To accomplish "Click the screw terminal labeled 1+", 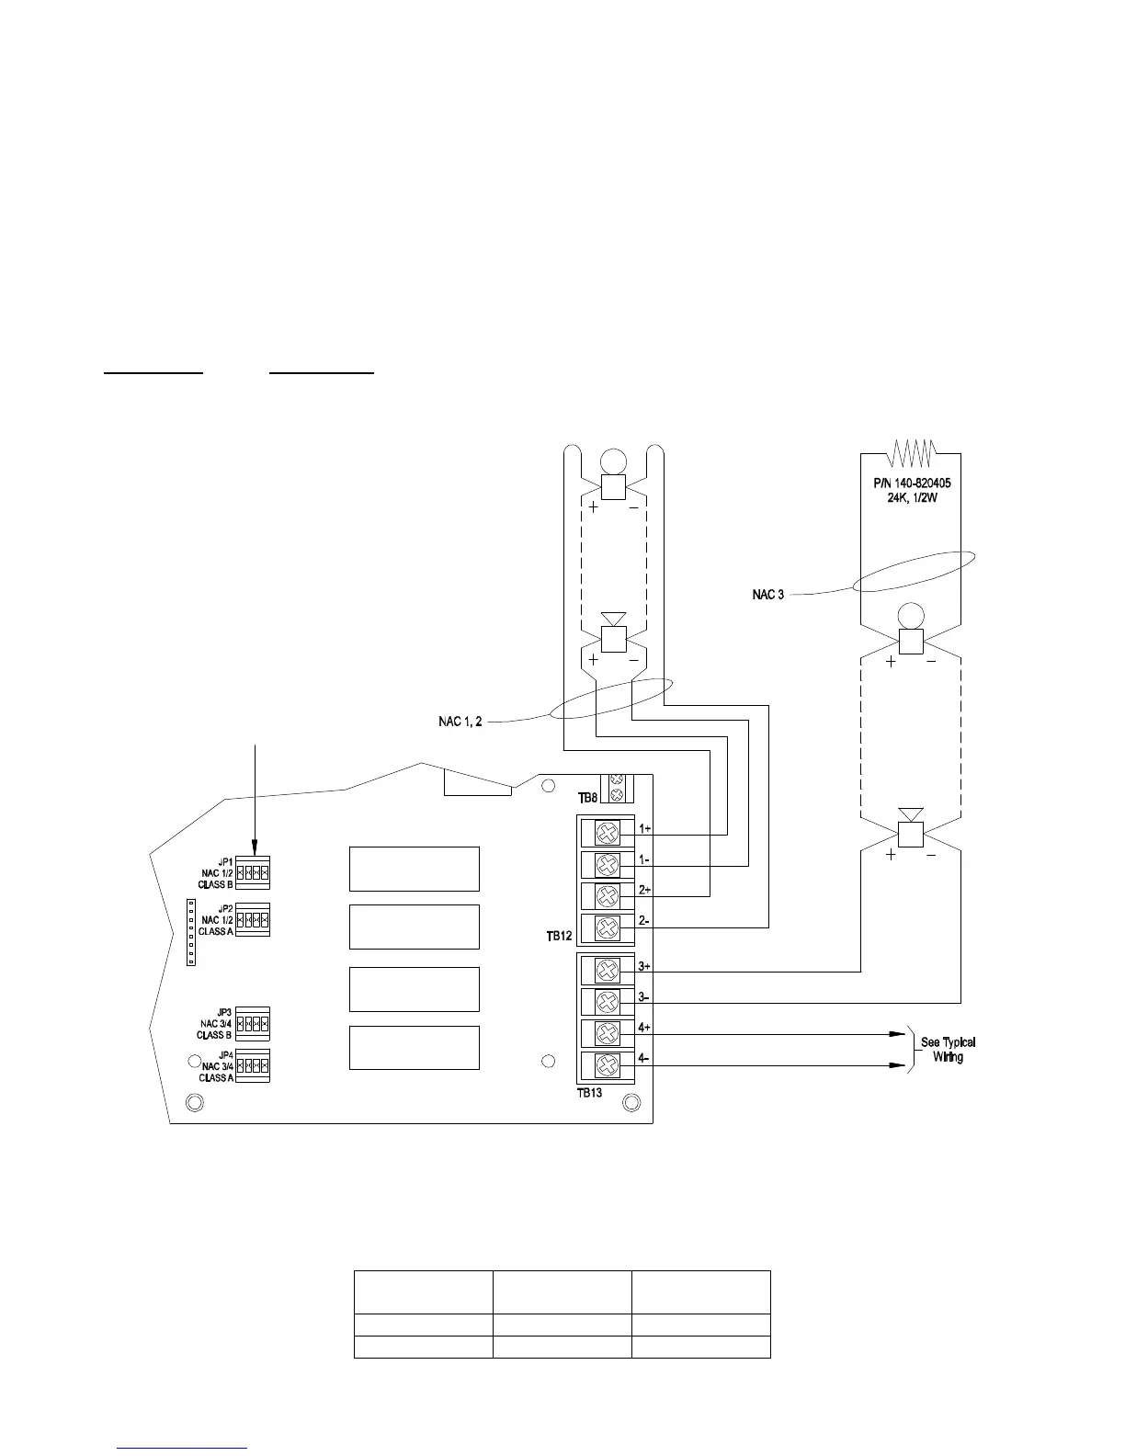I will [607, 834].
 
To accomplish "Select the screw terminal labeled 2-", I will [607, 927].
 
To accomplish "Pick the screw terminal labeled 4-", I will [607, 1066].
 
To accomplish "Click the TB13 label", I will [589, 1093].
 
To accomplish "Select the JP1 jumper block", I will [253, 871].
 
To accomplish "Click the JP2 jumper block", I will [253, 919].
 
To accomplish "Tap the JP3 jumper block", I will [253, 1023].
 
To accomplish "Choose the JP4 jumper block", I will [253, 1066].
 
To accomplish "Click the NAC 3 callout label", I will [768, 595].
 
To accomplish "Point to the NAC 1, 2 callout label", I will [460, 722].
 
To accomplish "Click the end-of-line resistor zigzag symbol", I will [911, 452].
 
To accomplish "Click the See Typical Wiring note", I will [948, 1050].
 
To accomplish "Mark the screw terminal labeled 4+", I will [607, 1033].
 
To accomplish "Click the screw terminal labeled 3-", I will [607, 1002].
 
